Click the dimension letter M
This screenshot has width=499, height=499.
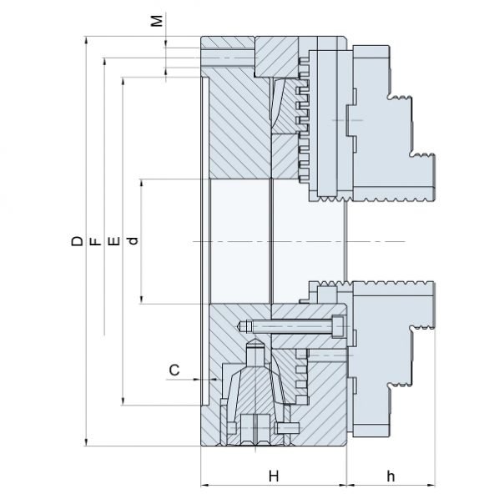coord(157,21)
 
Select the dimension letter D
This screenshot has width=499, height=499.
coord(77,241)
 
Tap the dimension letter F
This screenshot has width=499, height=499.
coord(95,242)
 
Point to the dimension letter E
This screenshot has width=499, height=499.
coord(114,241)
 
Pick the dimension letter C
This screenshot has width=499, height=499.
coord(174,370)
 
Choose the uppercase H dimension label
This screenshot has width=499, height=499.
coord(274,476)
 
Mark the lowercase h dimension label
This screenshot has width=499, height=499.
coord(391,476)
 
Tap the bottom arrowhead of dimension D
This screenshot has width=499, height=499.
coord(86,441)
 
